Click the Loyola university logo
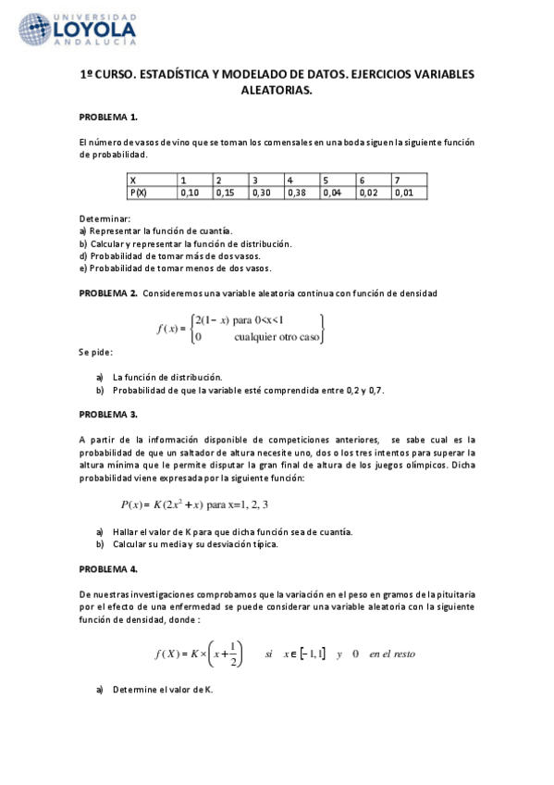pos(78,30)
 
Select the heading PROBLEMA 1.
pos(108,118)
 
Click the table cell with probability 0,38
pos(301,193)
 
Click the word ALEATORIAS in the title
pos(277,91)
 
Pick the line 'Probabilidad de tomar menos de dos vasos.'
pos(175,268)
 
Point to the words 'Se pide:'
pos(95,354)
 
